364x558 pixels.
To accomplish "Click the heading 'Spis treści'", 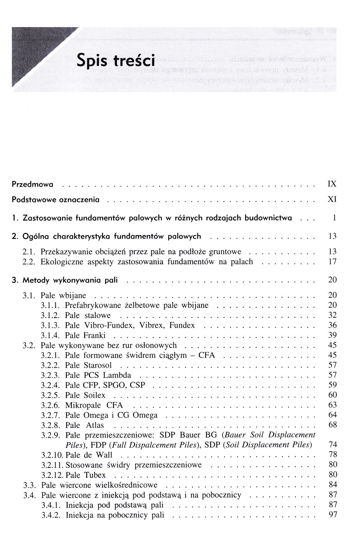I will pyautogui.click(x=116, y=61).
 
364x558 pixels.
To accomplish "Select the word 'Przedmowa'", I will pyautogui.click(x=33, y=184).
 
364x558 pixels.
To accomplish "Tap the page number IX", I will pyautogui.click(x=332, y=184).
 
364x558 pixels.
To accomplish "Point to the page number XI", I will pyautogui.click(x=332, y=200).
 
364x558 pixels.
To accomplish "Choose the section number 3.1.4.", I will pyautogui.click(x=51, y=335).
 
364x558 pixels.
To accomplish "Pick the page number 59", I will pyautogui.click(x=332, y=385).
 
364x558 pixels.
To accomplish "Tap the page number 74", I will pyautogui.click(x=332, y=445).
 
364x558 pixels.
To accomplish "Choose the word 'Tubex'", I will pyautogui.click(x=95, y=475).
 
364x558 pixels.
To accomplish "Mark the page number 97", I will pyautogui.click(x=332, y=515).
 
